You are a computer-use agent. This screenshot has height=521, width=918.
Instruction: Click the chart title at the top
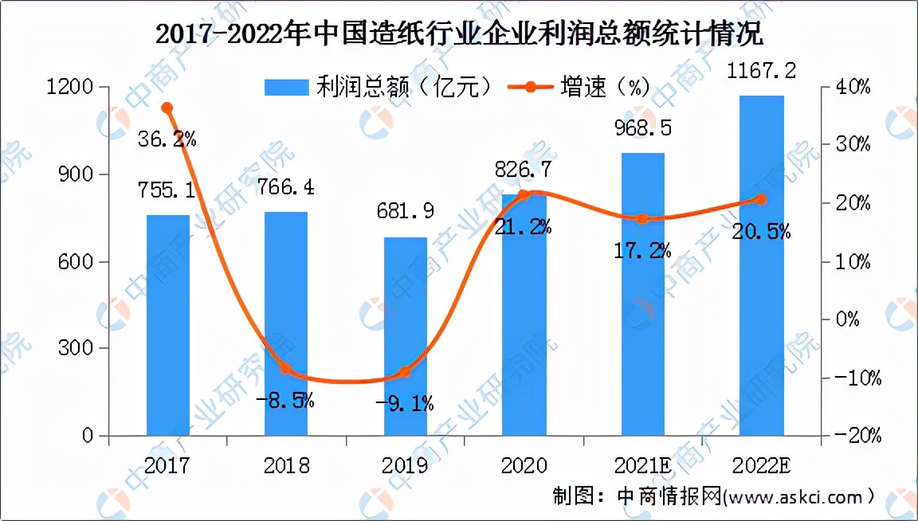pos(458,35)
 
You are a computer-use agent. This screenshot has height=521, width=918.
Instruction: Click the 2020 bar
pos(524,315)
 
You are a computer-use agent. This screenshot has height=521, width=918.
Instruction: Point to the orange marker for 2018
pos(286,368)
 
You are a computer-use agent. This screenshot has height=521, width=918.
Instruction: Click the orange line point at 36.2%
pos(167,108)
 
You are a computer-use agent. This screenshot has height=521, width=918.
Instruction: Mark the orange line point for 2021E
pos(642,218)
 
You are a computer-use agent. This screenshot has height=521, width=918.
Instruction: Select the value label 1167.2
pos(761,72)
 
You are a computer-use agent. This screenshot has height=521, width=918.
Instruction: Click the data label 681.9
pos(405,217)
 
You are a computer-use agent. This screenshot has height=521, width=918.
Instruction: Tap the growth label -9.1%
pos(405,404)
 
